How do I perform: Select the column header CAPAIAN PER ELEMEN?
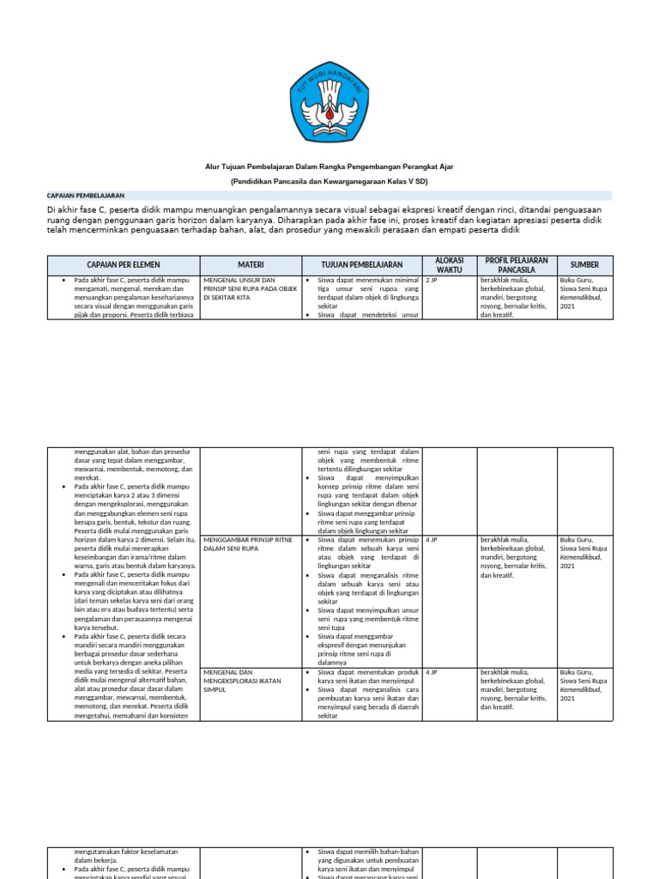point(123,264)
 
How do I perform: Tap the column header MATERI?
point(250,264)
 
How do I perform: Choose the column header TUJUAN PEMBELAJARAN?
point(361,264)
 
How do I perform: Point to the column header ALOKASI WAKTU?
point(450,264)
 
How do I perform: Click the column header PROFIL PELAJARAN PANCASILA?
point(516,264)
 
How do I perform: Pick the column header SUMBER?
point(584,264)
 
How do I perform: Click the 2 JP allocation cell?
point(432,281)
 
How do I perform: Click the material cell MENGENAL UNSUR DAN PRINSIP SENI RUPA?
point(250,288)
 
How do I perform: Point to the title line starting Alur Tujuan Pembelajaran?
point(329,168)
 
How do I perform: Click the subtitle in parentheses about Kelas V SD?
point(329,182)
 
